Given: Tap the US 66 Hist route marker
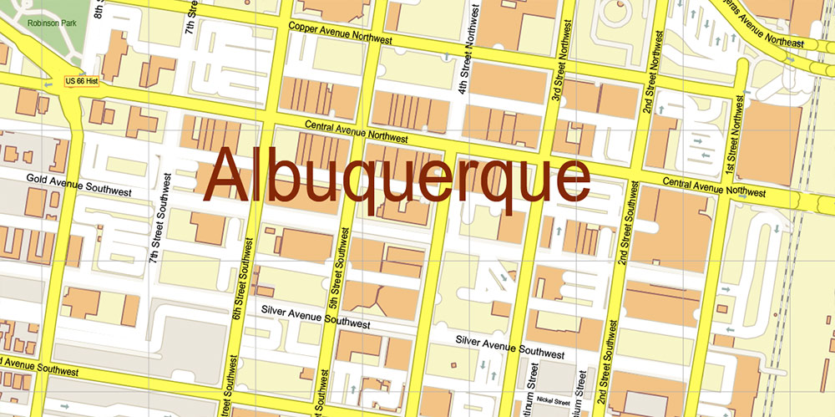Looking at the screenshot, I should [x=81, y=81].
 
